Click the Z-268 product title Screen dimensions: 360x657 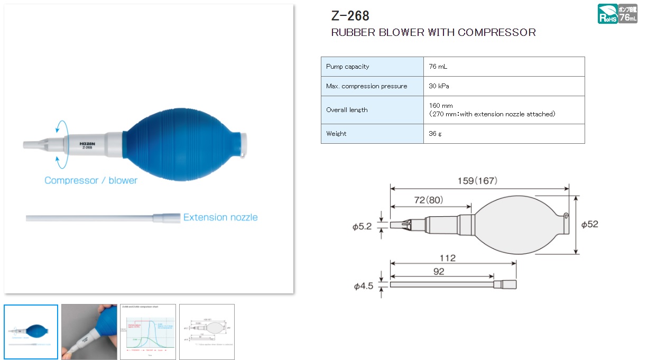point(350,15)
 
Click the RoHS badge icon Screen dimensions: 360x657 point(607,14)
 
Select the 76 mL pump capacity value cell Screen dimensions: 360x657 point(438,67)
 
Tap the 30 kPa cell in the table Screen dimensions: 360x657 point(439,86)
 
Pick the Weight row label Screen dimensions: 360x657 point(336,134)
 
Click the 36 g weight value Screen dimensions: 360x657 point(436,134)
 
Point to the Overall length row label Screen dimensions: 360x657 point(347,110)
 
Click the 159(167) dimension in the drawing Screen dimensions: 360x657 point(477,181)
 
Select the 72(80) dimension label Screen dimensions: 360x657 point(428,200)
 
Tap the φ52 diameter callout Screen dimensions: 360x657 point(589,225)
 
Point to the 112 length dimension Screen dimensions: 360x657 point(448,259)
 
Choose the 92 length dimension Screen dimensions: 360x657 point(439,272)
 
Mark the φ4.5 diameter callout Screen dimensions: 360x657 point(363,286)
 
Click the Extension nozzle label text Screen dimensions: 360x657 point(220,217)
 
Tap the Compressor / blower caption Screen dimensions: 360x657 point(91,180)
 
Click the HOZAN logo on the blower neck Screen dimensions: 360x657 point(87,143)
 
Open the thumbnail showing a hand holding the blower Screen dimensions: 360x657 point(89,332)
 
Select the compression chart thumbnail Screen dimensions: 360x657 point(147,332)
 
